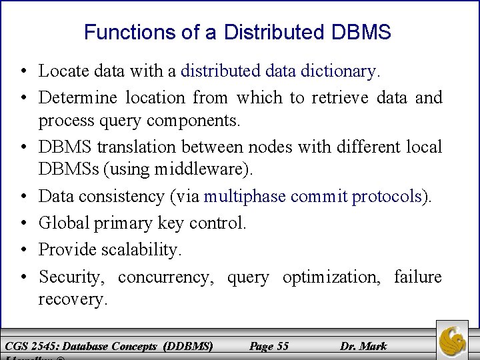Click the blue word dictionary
[x=341, y=70]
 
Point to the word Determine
[x=77, y=98]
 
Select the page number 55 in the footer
[x=269, y=346]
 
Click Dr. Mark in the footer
[x=363, y=346]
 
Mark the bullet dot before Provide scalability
[x=23, y=250]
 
